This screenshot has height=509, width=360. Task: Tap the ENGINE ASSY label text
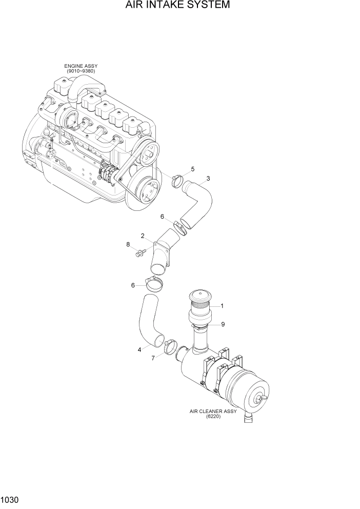(x=81, y=66)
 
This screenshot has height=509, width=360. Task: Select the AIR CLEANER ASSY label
(x=211, y=412)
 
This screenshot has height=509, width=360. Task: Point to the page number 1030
(x=11, y=498)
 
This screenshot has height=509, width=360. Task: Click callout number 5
(x=192, y=169)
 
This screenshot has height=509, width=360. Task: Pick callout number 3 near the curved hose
(x=208, y=179)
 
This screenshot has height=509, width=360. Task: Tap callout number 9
(x=223, y=324)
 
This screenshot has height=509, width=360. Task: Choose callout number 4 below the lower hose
(x=139, y=350)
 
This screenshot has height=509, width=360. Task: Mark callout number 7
(x=152, y=358)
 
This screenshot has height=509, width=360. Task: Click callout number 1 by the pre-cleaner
(x=222, y=306)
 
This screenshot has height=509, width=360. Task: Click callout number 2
(x=143, y=236)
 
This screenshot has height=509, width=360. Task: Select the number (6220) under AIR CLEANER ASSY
(x=212, y=417)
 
